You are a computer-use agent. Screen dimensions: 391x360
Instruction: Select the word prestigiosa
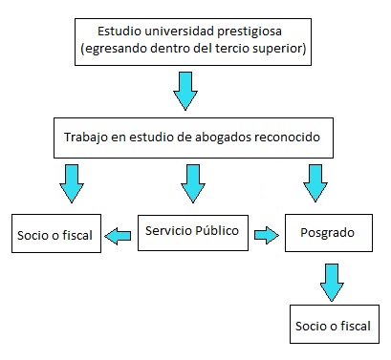pyautogui.click(x=250, y=32)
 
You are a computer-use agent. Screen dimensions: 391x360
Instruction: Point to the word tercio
pyautogui.click(x=231, y=49)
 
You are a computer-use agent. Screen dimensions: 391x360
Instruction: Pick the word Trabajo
pyautogui.click(x=86, y=138)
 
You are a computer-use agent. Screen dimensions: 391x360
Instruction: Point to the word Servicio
pyautogui.click(x=168, y=230)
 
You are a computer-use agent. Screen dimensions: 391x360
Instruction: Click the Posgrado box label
pyautogui.click(x=327, y=233)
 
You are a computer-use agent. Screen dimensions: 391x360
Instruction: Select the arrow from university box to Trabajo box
pyautogui.click(x=185, y=91)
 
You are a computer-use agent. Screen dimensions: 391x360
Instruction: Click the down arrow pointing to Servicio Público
pyautogui.click(x=193, y=183)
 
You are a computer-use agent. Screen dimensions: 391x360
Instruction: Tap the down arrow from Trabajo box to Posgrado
pyautogui.click(x=315, y=183)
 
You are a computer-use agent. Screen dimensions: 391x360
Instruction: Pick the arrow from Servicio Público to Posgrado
pyautogui.click(x=267, y=235)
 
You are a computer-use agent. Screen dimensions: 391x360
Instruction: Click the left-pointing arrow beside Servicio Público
pyautogui.click(x=118, y=236)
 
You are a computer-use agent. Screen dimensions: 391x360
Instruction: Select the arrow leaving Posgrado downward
pyautogui.click(x=332, y=283)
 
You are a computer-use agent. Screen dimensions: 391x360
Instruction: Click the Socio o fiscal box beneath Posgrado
pyautogui.click(x=335, y=324)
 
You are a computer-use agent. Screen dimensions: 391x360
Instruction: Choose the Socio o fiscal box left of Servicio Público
pyautogui.click(x=56, y=233)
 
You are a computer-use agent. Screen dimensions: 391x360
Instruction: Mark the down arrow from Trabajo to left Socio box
pyautogui.click(x=72, y=183)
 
